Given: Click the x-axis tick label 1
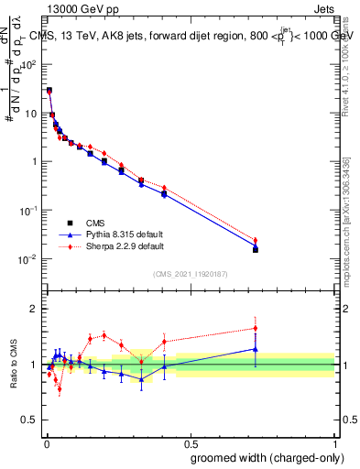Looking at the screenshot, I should (334, 441).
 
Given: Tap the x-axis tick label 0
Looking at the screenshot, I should (46, 441).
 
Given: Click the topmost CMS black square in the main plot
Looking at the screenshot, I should (49, 91).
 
